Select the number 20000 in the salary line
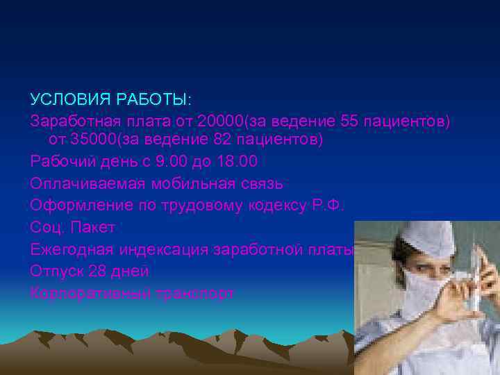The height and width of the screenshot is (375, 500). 217,122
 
